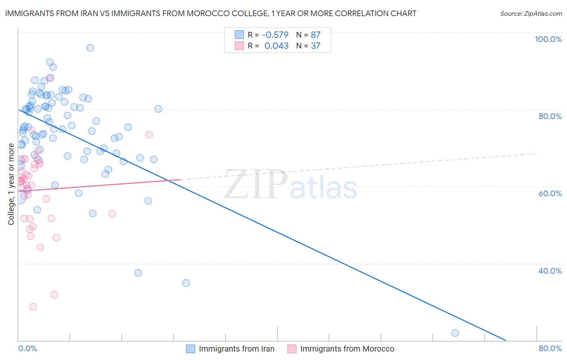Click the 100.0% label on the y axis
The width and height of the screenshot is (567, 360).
pyautogui.click(x=548, y=39)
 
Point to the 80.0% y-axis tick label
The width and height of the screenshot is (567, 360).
pyautogui.click(x=550, y=116)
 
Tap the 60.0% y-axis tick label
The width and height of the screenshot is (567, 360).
pyautogui.click(x=550, y=193)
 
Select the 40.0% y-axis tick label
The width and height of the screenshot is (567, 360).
pyautogui.click(x=550, y=271)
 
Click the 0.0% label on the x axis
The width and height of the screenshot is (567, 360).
pyautogui.click(x=28, y=349)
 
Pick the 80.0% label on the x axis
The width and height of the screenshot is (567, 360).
pyautogui.click(x=550, y=349)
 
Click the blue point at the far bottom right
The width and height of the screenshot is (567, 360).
pyautogui.click(x=455, y=333)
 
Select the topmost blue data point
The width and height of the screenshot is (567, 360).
pyautogui.click(x=90, y=48)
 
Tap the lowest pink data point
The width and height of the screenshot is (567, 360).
pyautogui.click(x=33, y=307)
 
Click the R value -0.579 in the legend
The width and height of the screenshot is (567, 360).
pyautogui.click(x=275, y=35)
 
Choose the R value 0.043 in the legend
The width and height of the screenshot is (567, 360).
pyautogui.click(x=276, y=46)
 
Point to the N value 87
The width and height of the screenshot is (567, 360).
pyautogui.click(x=315, y=35)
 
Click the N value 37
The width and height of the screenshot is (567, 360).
pyautogui.click(x=315, y=46)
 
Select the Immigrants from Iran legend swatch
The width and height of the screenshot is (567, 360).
pyautogui.click(x=191, y=349)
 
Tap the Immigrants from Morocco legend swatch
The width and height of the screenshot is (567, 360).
pyautogui.click(x=292, y=349)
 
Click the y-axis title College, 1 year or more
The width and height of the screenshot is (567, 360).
pyautogui.click(x=11, y=184)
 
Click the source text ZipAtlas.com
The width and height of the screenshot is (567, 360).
pyautogui.click(x=543, y=14)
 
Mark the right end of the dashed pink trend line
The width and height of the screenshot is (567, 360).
pyautogui.click(x=536, y=154)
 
